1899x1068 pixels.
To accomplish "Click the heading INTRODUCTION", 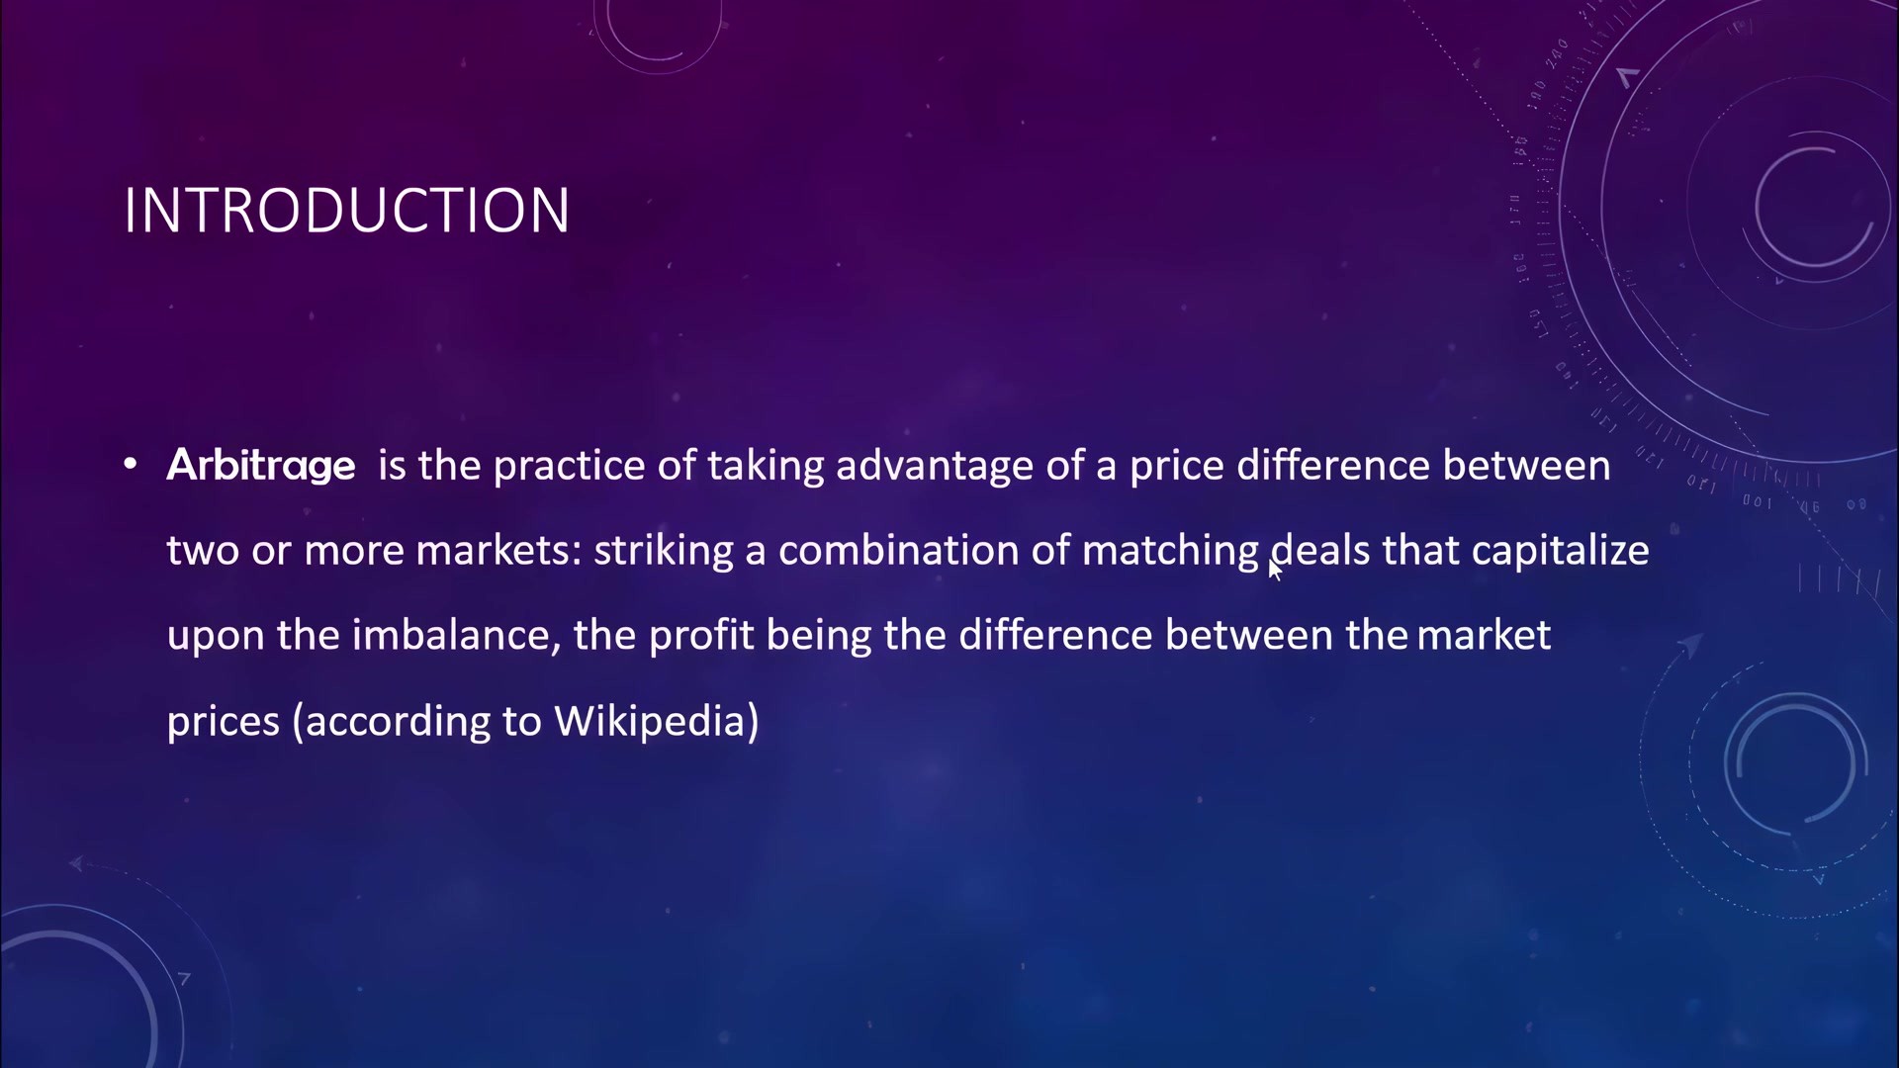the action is click(346, 210).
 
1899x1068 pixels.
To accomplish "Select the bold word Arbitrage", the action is click(261, 466).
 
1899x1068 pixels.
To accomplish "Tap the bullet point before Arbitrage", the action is click(131, 464).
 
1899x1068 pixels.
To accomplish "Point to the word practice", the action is click(569, 466).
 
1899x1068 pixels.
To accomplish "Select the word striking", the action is click(663, 551).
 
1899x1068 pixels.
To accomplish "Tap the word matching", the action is click(1170, 551).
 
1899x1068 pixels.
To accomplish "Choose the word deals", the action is click(1320, 550).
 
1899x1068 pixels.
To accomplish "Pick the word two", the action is click(203, 551).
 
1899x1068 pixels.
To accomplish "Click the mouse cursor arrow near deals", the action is click(1275, 571).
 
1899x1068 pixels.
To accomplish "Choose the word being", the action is click(819, 636).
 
